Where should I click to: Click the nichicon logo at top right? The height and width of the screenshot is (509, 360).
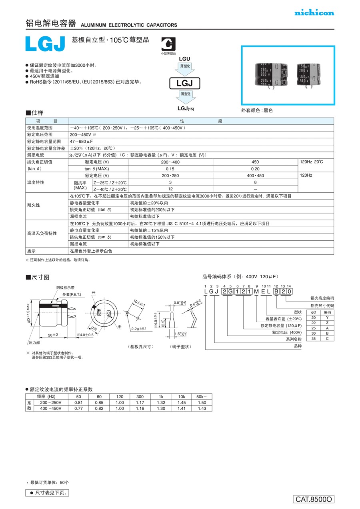314,13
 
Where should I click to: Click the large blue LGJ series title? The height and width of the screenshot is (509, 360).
45,44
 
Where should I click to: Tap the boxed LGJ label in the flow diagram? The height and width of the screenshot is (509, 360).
185,83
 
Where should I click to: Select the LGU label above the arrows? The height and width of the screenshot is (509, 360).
185,59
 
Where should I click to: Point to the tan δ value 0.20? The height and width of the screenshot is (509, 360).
256,169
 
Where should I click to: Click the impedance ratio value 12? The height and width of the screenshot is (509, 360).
170,189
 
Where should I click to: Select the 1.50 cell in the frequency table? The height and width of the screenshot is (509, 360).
202,403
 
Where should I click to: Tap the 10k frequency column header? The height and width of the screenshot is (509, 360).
182,397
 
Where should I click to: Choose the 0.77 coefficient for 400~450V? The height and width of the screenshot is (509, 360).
78,409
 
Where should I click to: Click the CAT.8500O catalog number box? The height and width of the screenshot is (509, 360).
314,499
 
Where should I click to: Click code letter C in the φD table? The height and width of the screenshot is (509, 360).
327,339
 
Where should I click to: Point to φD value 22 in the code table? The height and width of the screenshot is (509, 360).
314,323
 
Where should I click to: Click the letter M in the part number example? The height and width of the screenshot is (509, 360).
256,291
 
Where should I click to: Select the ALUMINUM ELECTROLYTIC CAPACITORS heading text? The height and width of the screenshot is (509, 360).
129,25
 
